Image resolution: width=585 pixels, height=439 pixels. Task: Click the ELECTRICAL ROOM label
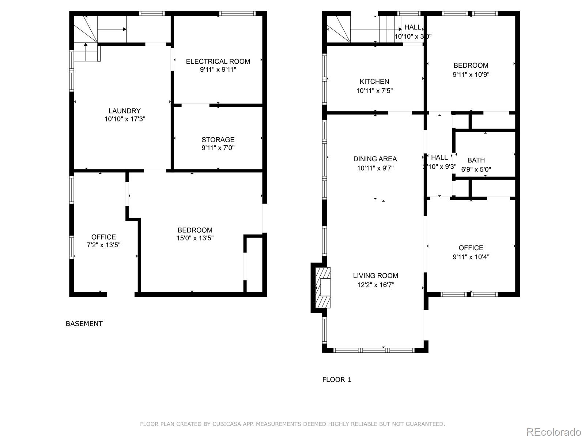pyautogui.click(x=218, y=61)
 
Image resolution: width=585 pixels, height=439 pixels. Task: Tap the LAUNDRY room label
pyautogui.click(x=124, y=111)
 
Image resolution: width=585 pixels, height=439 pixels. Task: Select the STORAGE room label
pyautogui.click(x=218, y=140)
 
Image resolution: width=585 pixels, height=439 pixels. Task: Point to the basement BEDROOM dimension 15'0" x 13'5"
pyautogui.click(x=195, y=238)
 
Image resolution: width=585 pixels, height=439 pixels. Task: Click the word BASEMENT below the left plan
pyautogui.click(x=84, y=324)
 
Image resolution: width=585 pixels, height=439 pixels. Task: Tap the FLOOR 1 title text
pyautogui.click(x=336, y=380)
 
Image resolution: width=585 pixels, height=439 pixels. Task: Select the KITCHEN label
pyautogui.click(x=374, y=82)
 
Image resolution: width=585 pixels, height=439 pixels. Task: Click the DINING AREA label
pyautogui.click(x=375, y=159)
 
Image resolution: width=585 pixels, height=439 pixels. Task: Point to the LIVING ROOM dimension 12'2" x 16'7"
pyautogui.click(x=375, y=285)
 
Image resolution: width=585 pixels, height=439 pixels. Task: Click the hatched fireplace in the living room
pyautogui.click(x=323, y=288)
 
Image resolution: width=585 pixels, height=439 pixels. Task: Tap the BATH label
pyautogui.click(x=476, y=160)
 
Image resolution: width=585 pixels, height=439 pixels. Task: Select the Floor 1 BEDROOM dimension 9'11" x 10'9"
pyautogui.click(x=471, y=75)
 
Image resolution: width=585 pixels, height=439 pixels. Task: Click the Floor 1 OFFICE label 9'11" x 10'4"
pyautogui.click(x=471, y=248)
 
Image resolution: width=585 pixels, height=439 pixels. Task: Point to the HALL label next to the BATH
pyautogui.click(x=439, y=157)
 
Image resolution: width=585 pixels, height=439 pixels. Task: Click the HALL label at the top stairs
pyautogui.click(x=413, y=27)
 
